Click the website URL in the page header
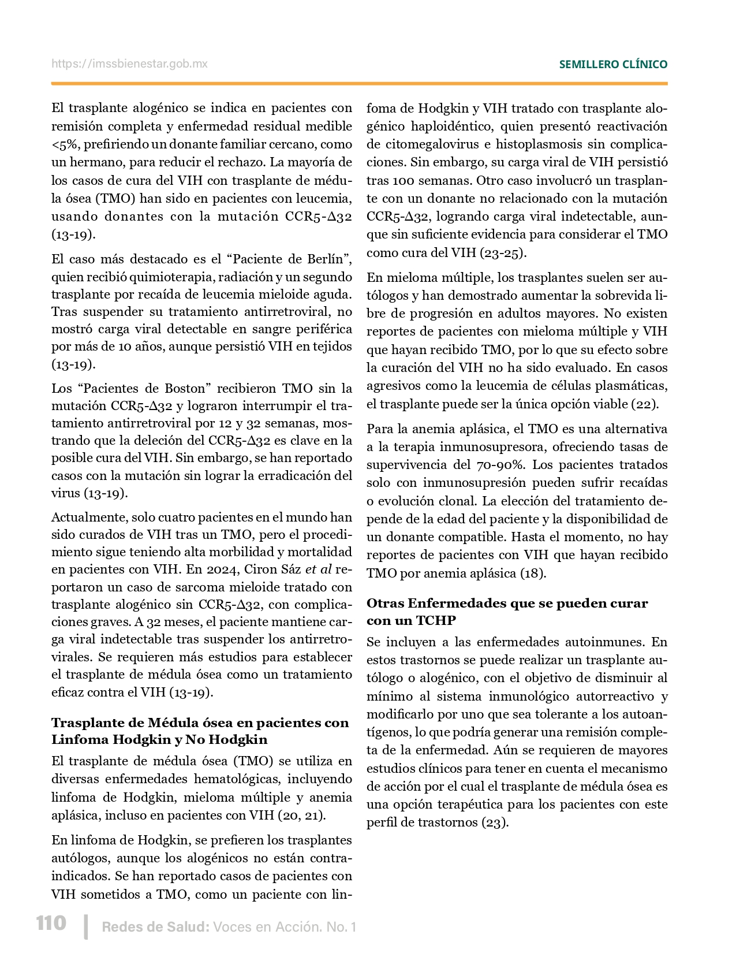pos(129,64)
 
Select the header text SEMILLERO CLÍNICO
pos(613,65)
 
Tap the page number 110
pos(51,923)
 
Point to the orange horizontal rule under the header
pos(359,84)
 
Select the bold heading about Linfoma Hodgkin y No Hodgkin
pos(200,731)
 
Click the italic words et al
pos(318,569)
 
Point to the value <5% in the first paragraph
pos(59,144)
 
